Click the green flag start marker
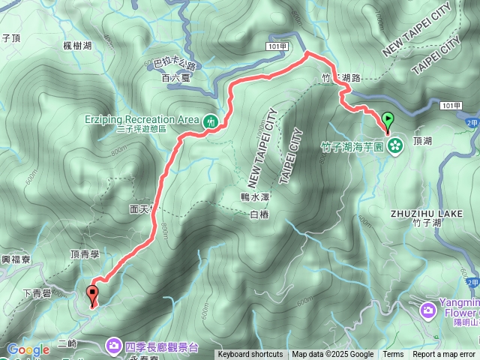(x=388, y=118)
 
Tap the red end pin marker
(x=93, y=293)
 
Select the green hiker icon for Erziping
(x=210, y=120)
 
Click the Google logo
(x=28, y=349)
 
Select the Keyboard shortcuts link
(x=250, y=355)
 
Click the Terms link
(x=393, y=355)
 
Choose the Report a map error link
(x=443, y=355)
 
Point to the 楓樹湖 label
(x=77, y=46)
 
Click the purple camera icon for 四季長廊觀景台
(x=113, y=346)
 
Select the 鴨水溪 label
(x=254, y=196)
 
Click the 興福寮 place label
(x=15, y=259)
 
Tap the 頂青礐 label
(x=85, y=254)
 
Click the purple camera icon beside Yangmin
(x=427, y=309)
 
